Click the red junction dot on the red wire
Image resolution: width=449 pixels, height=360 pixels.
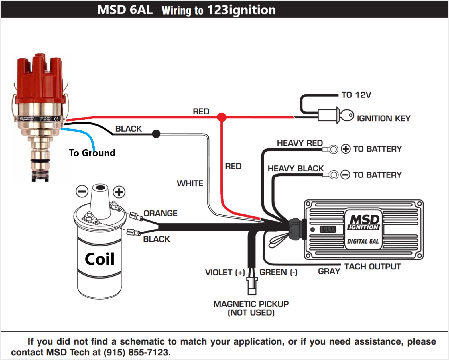[221, 117]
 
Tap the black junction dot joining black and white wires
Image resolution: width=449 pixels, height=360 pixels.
[156, 134]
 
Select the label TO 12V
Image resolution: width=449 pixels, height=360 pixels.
[356, 95]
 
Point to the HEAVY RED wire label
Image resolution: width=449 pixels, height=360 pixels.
[300, 143]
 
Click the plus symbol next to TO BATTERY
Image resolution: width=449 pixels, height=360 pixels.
[346, 149]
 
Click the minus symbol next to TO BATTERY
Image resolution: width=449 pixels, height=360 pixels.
[345, 175]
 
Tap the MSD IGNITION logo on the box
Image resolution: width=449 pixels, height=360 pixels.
[364, 222]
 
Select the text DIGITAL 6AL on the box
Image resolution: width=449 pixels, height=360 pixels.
[363, 241]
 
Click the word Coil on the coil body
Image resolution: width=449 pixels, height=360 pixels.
[100, 259]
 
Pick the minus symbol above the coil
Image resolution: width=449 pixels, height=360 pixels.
[82, 191]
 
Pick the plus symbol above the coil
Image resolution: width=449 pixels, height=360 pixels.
[119, 192]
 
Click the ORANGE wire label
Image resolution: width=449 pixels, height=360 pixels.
[160, 213]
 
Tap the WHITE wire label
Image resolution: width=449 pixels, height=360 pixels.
[190, 183]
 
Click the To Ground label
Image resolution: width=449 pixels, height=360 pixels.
[92, 153]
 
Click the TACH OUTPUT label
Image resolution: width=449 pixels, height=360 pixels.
[372, 267]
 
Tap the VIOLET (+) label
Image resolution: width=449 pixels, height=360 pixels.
[225, 272]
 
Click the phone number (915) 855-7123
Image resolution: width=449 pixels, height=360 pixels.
[137, 352]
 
